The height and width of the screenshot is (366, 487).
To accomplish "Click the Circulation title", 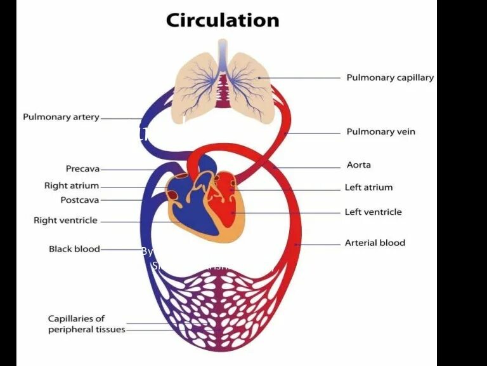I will pos(222,20).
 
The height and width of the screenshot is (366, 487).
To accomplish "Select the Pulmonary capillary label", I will pos(390,78).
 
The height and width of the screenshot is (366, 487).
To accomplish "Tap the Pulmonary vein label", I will pos(380,132).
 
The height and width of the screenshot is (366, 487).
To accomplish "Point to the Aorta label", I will pos(359,165).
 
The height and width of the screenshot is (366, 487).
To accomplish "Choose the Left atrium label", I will pos(368,187).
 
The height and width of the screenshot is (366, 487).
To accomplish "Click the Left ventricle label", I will pos(373,212).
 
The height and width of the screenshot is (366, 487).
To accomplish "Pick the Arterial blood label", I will pos(375,243).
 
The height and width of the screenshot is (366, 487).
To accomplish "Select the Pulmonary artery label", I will pos(61,118).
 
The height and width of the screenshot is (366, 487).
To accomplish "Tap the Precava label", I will pos(82,169).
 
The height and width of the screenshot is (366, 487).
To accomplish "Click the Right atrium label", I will pos(72,186).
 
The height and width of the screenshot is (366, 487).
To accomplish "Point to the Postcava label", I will pos(80,200).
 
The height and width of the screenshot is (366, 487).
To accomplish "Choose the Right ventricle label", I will pos(65,220).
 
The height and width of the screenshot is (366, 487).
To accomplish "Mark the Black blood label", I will pos(74,249).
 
